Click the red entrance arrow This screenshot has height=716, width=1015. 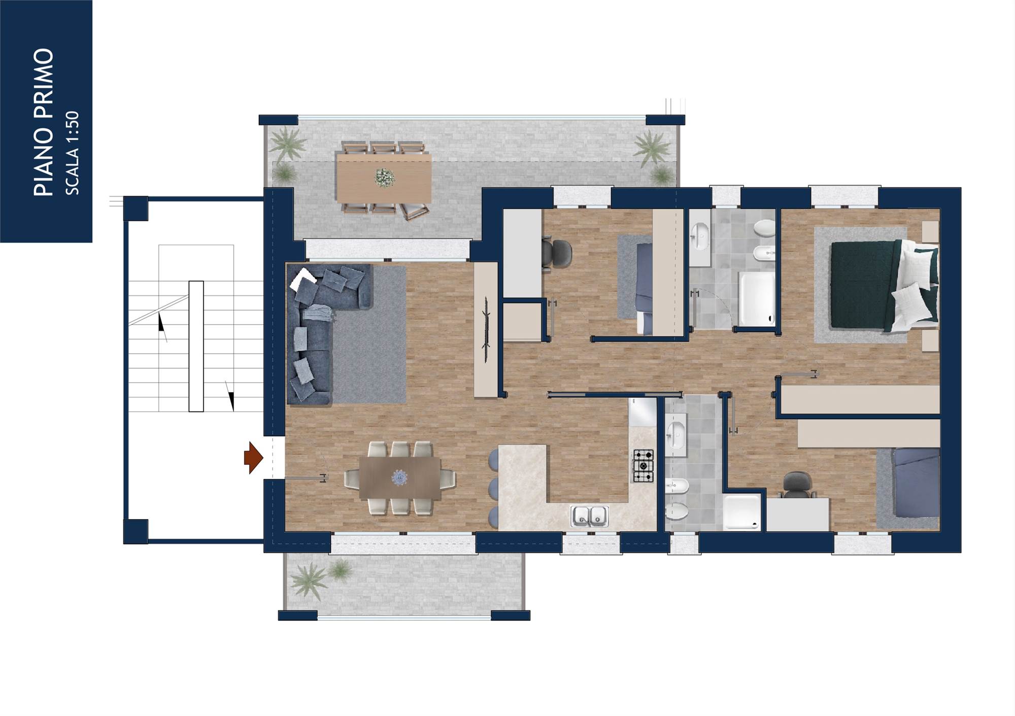pos(253,458)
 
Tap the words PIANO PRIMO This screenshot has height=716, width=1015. pos(44,122)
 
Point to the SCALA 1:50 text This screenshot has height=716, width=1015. pos(72,153)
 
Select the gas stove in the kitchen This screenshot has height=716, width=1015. pos(642,466)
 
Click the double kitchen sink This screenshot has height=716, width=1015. pos(589,516)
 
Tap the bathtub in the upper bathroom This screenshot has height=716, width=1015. pos(757,299)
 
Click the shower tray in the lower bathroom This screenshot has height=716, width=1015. pos(742,513)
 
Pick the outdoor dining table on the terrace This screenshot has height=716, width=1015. pos(384,178)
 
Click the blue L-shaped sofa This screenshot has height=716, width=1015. pos(320,330)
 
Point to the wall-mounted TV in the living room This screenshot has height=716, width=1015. pos(486,330)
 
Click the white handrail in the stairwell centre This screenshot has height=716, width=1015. pos(196,346)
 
